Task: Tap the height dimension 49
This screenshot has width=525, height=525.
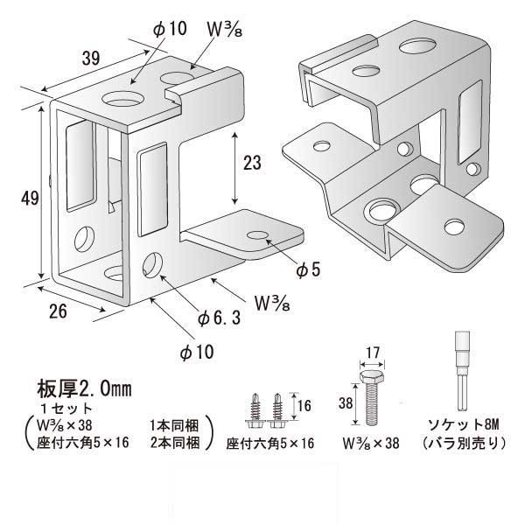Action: click(x=29, y=199)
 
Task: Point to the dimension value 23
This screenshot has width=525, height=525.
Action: click(x=252, y=164)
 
